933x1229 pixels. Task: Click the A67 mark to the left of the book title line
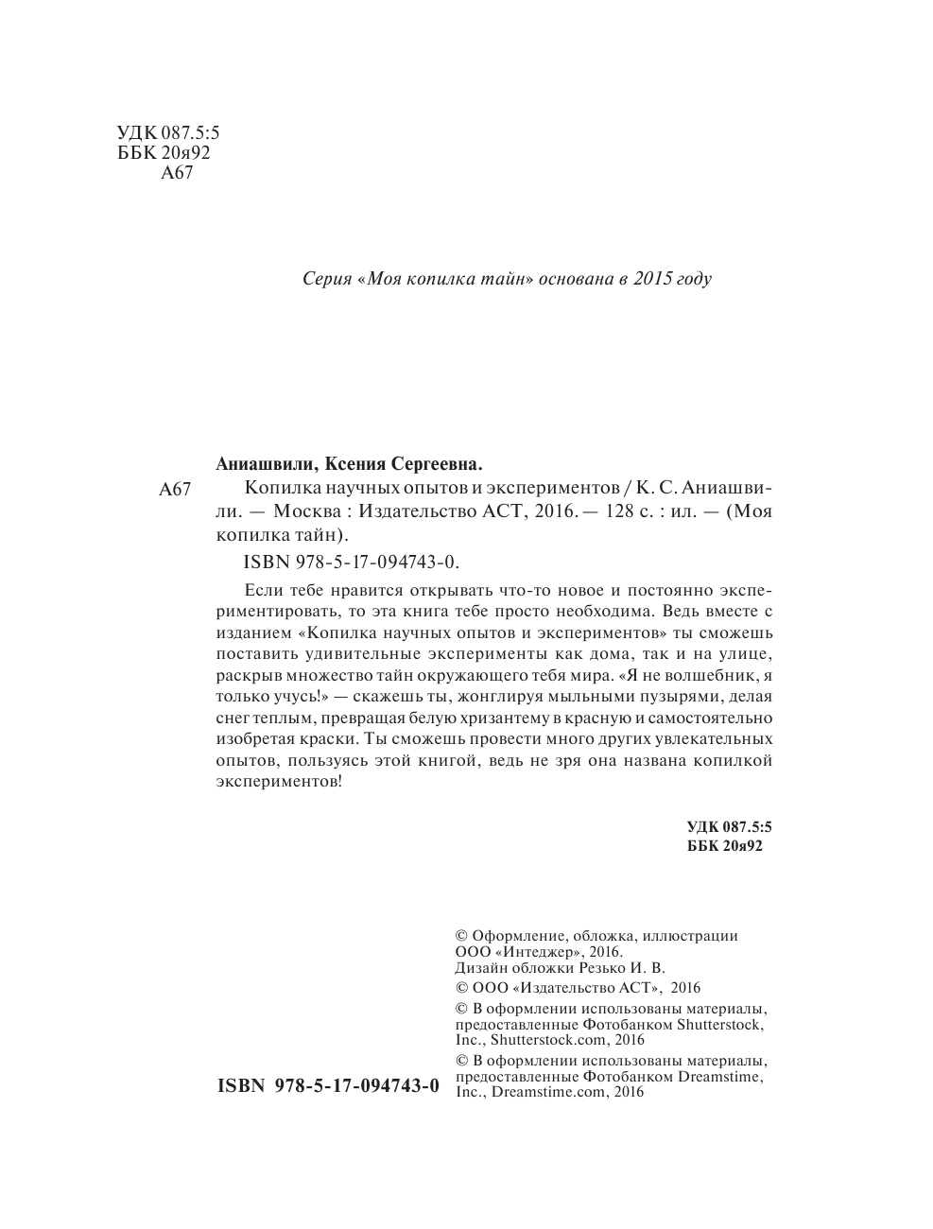coord(176,490)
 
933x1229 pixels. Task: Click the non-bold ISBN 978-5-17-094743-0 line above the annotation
coord(351,562)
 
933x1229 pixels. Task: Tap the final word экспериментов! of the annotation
coord(279,782)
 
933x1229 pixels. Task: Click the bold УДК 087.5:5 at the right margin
coord(729,826)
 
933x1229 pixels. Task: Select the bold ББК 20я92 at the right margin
coord(725,846)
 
